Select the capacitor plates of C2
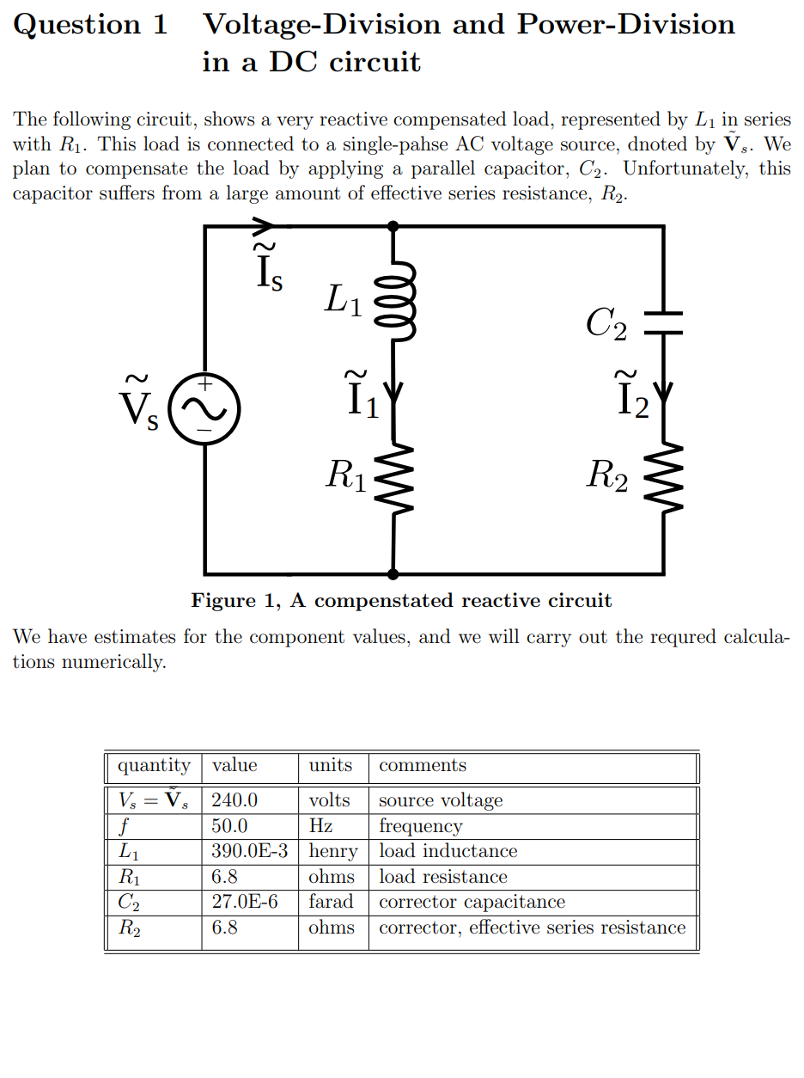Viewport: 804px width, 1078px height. point(662,322)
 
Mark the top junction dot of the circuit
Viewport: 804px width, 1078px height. point(393,226)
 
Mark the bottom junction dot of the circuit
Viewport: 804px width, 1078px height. point(393,573)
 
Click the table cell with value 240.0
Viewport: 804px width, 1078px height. point(234,800)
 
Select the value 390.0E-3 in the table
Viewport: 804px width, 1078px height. point(249,851)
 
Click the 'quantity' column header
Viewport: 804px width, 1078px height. point(154,765)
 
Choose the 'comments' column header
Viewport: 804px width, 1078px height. point(423,765)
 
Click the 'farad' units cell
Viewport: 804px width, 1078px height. point(331,902)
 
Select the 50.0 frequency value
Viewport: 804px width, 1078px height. point(230,826)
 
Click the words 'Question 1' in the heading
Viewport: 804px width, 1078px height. point(91,25)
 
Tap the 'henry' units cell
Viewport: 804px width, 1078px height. point(332,851)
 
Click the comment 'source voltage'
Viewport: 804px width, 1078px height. point(441,800)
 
